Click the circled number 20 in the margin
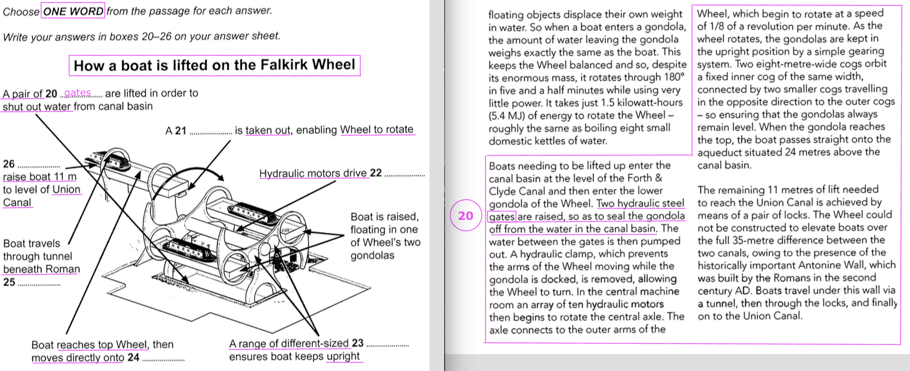(x=465, y=216)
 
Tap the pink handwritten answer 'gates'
(x=77, y=93)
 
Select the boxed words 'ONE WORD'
(x=73, y=11)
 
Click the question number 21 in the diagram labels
(x=181, y=131)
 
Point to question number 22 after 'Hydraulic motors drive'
(x=375, y=173)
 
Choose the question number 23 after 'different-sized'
(x=358, y=343)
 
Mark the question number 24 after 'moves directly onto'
(x=133, y=357)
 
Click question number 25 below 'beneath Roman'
(x=9, y=282)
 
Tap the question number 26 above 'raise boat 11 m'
(x=9, y=164)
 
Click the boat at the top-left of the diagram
(x=107, y=160)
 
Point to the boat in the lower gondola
(x=190, y=251)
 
